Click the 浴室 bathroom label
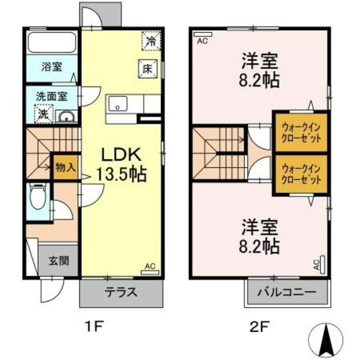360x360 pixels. (51, 66)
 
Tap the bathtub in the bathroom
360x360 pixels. (51, 42)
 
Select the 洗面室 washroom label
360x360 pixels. (51, 96)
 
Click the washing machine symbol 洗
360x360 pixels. (43, 114)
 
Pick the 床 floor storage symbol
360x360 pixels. (146, 69)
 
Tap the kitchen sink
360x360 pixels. (118, 104)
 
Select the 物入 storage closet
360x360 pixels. (66, 168)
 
